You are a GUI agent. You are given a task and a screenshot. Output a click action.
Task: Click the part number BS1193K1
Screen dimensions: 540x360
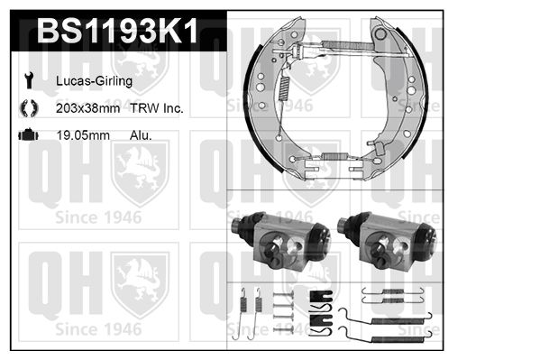(117, 31)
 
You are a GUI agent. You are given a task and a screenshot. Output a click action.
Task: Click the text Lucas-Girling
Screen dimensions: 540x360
(94, 81)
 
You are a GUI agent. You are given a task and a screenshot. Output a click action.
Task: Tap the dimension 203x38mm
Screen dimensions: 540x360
(87, 108)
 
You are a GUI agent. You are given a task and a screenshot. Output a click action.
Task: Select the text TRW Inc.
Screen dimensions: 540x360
(156, 108)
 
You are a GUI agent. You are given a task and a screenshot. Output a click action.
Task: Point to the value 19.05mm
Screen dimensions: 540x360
(83, 135)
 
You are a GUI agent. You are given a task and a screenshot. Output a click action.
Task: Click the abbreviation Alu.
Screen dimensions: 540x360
(141, 135)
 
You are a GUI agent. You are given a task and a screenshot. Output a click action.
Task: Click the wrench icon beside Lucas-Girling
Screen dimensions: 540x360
(29, 80)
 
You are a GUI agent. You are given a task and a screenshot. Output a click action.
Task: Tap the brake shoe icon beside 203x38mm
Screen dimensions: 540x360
(29, 108)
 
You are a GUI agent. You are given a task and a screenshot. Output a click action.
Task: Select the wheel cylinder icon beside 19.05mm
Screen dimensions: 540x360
(28, 134)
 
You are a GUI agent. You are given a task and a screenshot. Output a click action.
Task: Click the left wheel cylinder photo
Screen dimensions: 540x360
(280, 240)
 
